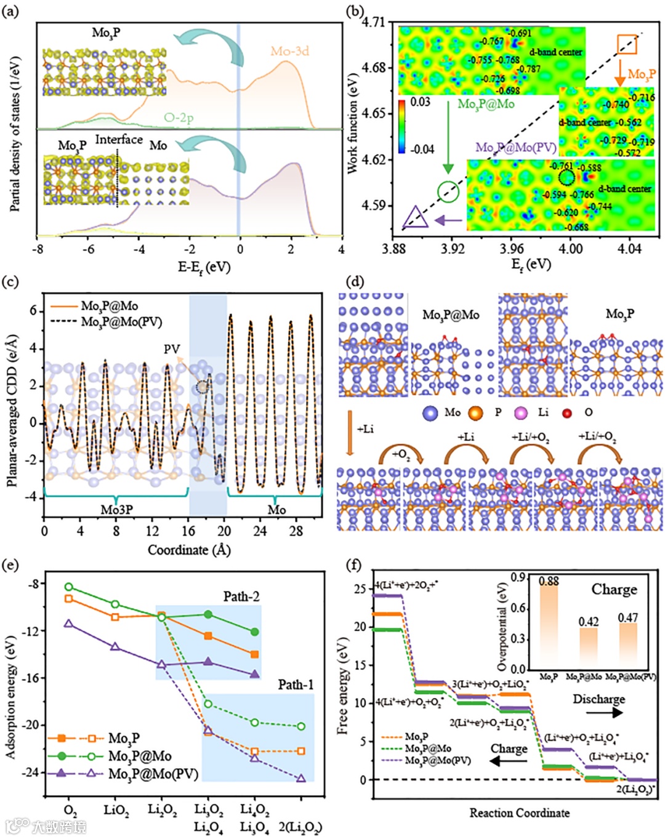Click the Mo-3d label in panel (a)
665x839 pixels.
pyautogui.click(x=289, y=51)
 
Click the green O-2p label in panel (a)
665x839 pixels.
pyautogui.click(x=179, y=117)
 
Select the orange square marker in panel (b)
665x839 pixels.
pyautogui.click(x=627, y=44)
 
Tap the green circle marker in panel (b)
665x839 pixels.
pyautogui.click(x=448, y=191)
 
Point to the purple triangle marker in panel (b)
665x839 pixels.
pyautogui.click(x=416, y=219)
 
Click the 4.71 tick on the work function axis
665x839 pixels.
pyautogui.click(x=374, y=23)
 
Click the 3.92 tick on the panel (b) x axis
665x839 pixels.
pyautogui.click(x=453, y=249)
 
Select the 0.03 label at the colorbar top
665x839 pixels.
pyautogui.click(x=420, y=102)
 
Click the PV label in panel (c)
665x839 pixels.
pyautogui.click(x=172, y=350)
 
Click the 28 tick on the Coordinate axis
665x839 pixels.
pyautogui.click(x=296, y=531)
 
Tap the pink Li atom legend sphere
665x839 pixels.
pyautogui.click(x=521, y=412)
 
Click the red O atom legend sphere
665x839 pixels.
pyautogui.click(x=567, y=412)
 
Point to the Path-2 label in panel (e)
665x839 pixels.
pyautogui.click(x=241, y=596)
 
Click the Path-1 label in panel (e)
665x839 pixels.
pyautogui.click(x=296, y=684)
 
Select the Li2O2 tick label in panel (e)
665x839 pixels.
pyautogui.click(x=162, y=809)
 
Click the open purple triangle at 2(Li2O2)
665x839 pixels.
pyautogui.click(x=301, y=779)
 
